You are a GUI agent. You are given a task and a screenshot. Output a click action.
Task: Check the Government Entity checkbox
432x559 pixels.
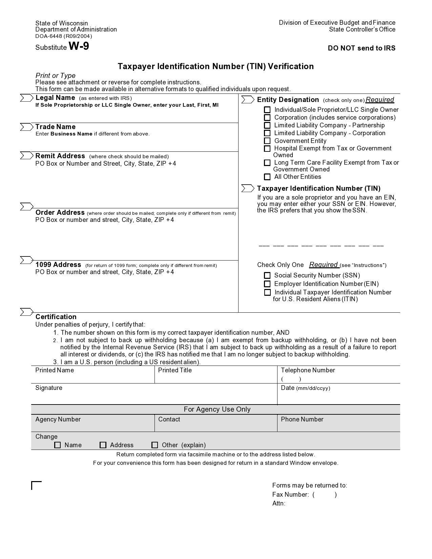pos(267,141)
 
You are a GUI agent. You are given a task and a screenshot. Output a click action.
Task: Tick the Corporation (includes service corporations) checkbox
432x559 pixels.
pos(267,118)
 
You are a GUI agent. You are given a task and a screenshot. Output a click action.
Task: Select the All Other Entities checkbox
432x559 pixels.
pos(267,177)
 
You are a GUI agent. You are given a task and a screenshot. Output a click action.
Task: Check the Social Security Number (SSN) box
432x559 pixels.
pos(267,275)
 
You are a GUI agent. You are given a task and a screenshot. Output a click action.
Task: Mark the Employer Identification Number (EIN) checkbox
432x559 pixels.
pos(267,284)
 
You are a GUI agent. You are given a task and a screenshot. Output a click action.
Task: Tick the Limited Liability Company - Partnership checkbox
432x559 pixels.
pos(267,125)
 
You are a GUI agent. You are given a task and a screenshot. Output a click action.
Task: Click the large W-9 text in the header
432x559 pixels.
pos(79,46)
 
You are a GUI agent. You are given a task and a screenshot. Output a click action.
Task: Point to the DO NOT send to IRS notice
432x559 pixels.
pos(361,48)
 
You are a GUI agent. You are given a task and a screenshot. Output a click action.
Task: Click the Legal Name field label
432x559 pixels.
pos(55,98)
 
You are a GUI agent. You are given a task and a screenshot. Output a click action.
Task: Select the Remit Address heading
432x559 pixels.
pos(60,156)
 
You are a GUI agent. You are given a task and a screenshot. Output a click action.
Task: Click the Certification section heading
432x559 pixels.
pos(56,317)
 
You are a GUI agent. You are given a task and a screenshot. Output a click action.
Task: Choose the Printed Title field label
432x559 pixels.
pos(175,370)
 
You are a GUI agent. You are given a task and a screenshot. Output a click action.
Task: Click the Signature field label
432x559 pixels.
pos(49,388)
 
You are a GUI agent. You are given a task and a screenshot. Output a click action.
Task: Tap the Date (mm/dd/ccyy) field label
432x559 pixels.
pos(305,388)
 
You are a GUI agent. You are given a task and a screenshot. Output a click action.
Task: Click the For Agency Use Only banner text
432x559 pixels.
pos(217,409)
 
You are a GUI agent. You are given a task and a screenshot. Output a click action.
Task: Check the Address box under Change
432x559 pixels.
pos(103,445)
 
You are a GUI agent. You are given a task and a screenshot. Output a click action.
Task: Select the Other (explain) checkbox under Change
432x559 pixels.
pos(155,445)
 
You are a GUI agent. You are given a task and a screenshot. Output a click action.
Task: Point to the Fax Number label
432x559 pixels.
pos(290,495)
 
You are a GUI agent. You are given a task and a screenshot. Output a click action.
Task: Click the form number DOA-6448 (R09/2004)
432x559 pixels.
pos(64,36)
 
